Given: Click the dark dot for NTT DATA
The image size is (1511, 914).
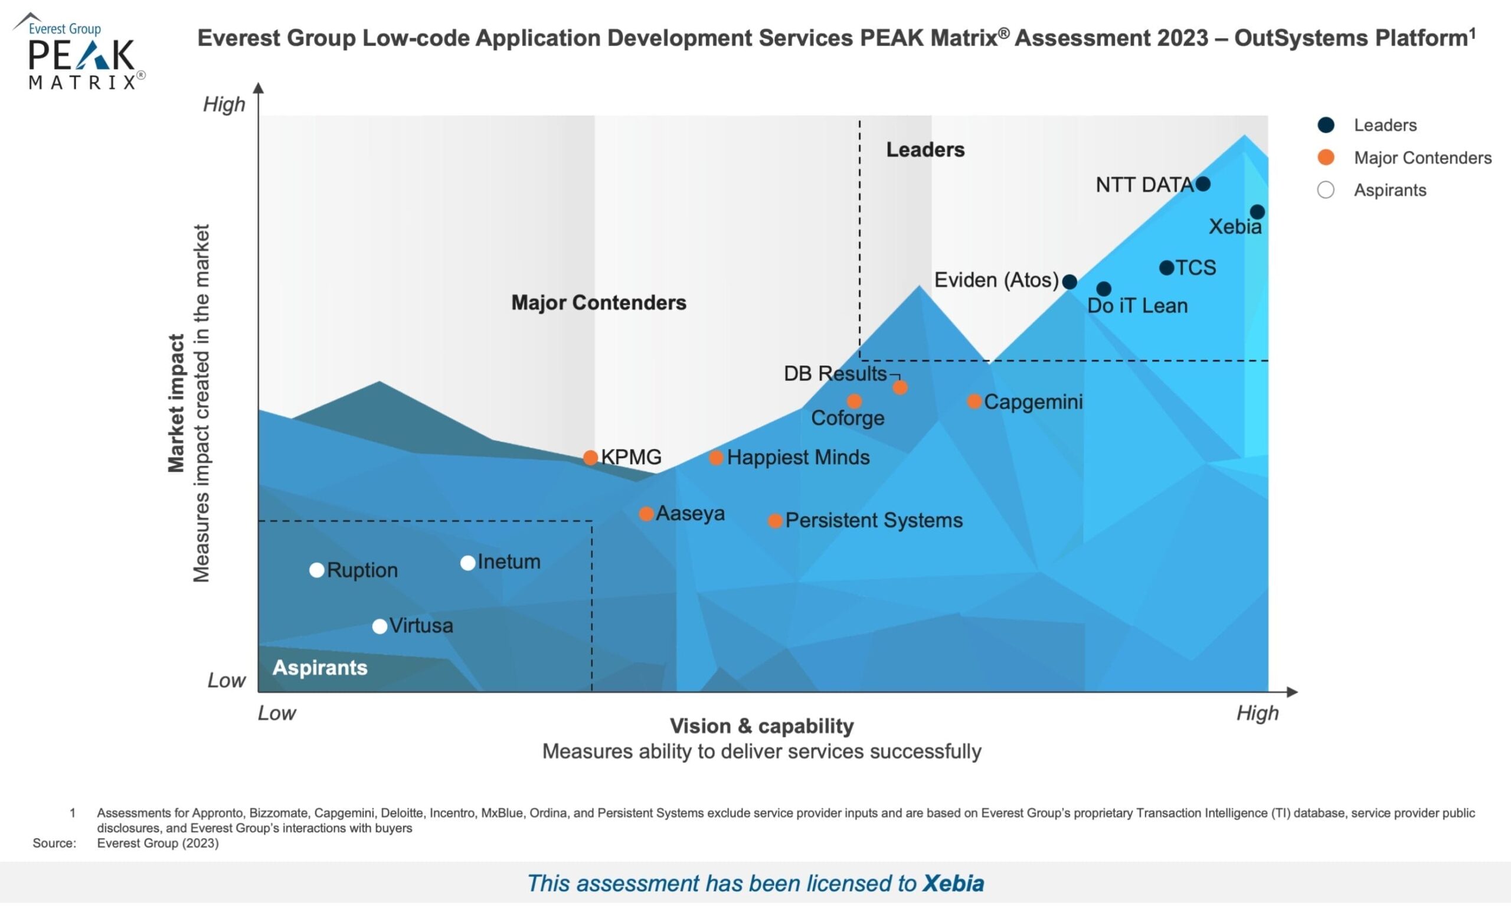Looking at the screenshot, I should pyautogui.click(x=1202, y=184).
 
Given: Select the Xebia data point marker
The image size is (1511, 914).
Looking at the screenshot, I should pyautogui.click(x=1257, y=211).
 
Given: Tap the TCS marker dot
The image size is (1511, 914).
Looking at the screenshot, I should pyautogui.click(x=1166, y=267).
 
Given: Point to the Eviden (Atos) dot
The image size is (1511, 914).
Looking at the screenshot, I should pyautogui.click(x=1070, y=282).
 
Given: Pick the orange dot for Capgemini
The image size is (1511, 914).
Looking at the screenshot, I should pyautogui.click(x=974, y=401).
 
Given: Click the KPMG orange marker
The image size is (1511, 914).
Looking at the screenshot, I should pyautogui.click(x=590, y=457).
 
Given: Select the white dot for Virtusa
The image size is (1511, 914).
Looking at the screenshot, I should pyautogui.click(x=380, y=626).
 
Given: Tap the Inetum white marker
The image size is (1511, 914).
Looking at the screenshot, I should pyautogui.click(x=467, y=563).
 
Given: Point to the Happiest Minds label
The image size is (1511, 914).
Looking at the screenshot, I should pyautogui.click(x=798, y=457).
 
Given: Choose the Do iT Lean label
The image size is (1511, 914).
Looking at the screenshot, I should pyautogui.click(x=1137, y=305).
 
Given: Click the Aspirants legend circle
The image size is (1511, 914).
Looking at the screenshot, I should pyautogui.click(x=1325, y=190).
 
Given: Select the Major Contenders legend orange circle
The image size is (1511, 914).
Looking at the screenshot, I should pyautogui.click(x=1325, y=158).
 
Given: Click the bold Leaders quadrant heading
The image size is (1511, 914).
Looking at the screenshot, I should pyautogui.click(x=925, y=149).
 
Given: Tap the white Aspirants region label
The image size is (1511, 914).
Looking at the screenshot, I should pyautogui.click(x=319, y=667).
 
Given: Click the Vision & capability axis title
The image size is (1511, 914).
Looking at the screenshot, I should pyautogui.click(x=761, y=726).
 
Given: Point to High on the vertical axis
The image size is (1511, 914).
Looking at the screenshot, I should pyautogui.click(x=224, y=105).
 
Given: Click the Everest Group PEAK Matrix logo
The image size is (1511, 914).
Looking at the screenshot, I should pyautogui.click(x=80, y=52).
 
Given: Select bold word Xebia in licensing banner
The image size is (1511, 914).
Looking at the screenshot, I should pyautogui.click(x=953, y=883).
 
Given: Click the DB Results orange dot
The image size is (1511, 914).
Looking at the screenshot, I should pyautogui.click(x=900, y=387).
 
